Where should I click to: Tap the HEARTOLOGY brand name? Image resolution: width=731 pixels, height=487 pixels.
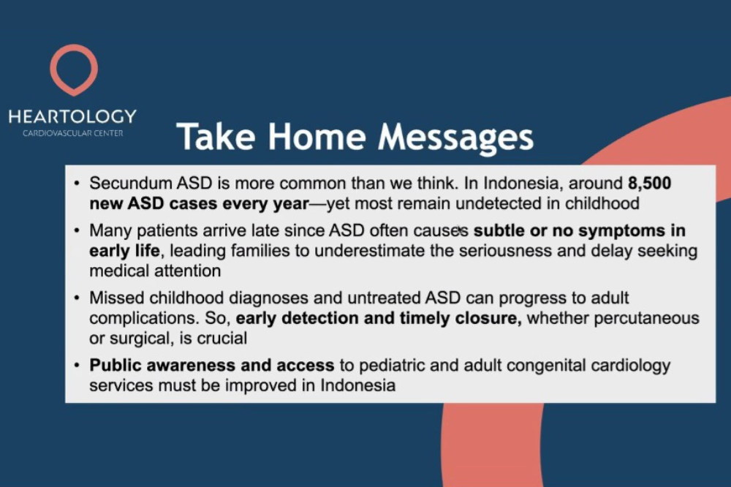click(x=72, y=116)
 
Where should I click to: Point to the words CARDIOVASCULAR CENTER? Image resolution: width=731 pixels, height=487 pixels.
click(x=72, y=133)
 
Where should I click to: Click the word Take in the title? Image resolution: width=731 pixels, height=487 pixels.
click(x=216, y=137)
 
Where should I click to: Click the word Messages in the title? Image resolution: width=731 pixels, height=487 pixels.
click(x=456, y=137)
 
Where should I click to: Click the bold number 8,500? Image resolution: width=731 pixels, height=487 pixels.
click(x=649, y=184)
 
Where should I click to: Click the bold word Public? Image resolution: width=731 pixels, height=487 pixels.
click(x=115, y=365)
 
